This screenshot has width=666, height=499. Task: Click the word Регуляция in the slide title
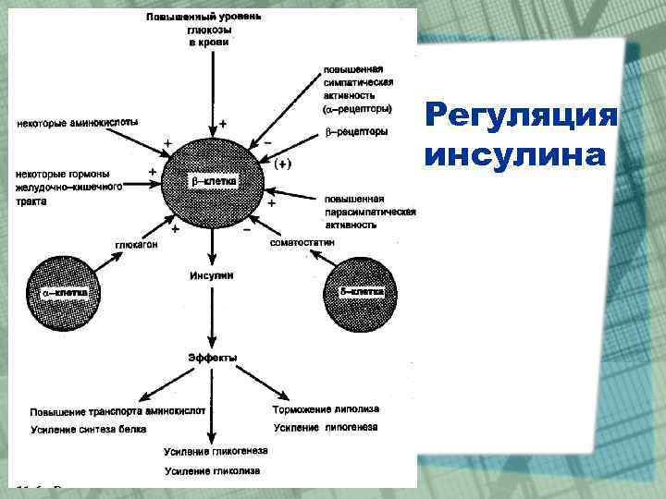tap(521, 116)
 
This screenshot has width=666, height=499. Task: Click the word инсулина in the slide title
tap(515, 154)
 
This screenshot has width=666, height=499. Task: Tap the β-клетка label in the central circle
tap(214, 182)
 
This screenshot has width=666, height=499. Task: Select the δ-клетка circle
tap(360, 292)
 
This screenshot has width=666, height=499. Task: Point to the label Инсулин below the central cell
tap(212, 275)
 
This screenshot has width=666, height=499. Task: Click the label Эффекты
tap(213, 357)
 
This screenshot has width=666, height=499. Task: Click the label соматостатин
tap(302, 242)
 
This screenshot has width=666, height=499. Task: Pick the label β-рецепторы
tap(356, 131)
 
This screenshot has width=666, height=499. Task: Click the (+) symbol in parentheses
tap(283, 164)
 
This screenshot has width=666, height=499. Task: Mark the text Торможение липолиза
tap(326, 408)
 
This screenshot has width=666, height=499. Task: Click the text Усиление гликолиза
tap(212, 471)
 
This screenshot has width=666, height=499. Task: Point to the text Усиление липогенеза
tap(326, 427)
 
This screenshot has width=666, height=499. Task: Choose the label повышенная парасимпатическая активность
tap(369, 211)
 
